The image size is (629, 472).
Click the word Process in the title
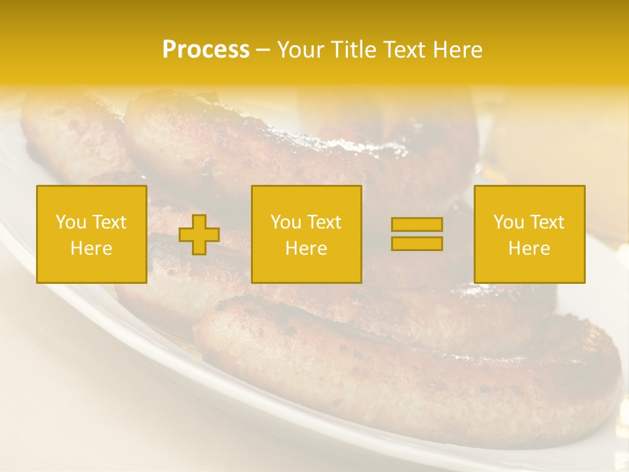click(206, 50)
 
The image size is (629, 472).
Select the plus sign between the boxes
click(199, 235)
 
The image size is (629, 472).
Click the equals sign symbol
click(417, 234)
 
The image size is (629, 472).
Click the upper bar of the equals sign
click(417, 225)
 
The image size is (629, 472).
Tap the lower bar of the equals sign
click(417, 243)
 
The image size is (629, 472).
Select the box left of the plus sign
click(92, 235)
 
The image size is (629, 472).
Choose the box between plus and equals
click(306, 235)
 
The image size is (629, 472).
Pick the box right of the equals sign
click(529, 235)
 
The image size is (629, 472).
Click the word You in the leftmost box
click(69, 222)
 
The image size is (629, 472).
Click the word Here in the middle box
click(306, 248)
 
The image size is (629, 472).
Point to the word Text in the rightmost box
click(544, 222)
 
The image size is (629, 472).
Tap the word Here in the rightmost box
click(529, 248)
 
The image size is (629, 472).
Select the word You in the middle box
click(285, 222)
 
